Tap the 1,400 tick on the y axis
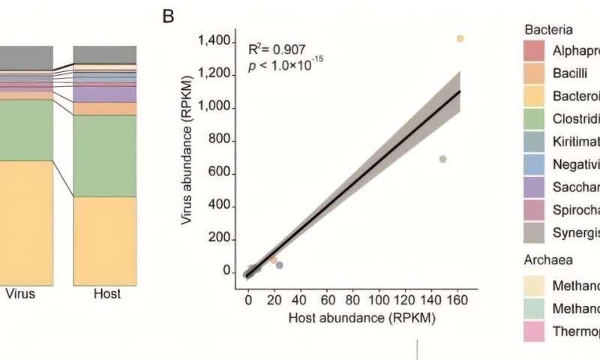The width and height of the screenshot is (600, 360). click(214, 42)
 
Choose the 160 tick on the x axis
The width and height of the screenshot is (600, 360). click(457, 298)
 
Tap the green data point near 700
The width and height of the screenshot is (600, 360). click(442, 159)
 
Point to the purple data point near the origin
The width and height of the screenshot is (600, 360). click(280, 265)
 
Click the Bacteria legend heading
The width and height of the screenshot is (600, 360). click(549, 31)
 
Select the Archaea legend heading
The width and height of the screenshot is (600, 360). click(548, 260)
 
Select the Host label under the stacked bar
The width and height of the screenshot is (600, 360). click(104, 294)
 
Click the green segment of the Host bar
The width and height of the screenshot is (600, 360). click(104, 156)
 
